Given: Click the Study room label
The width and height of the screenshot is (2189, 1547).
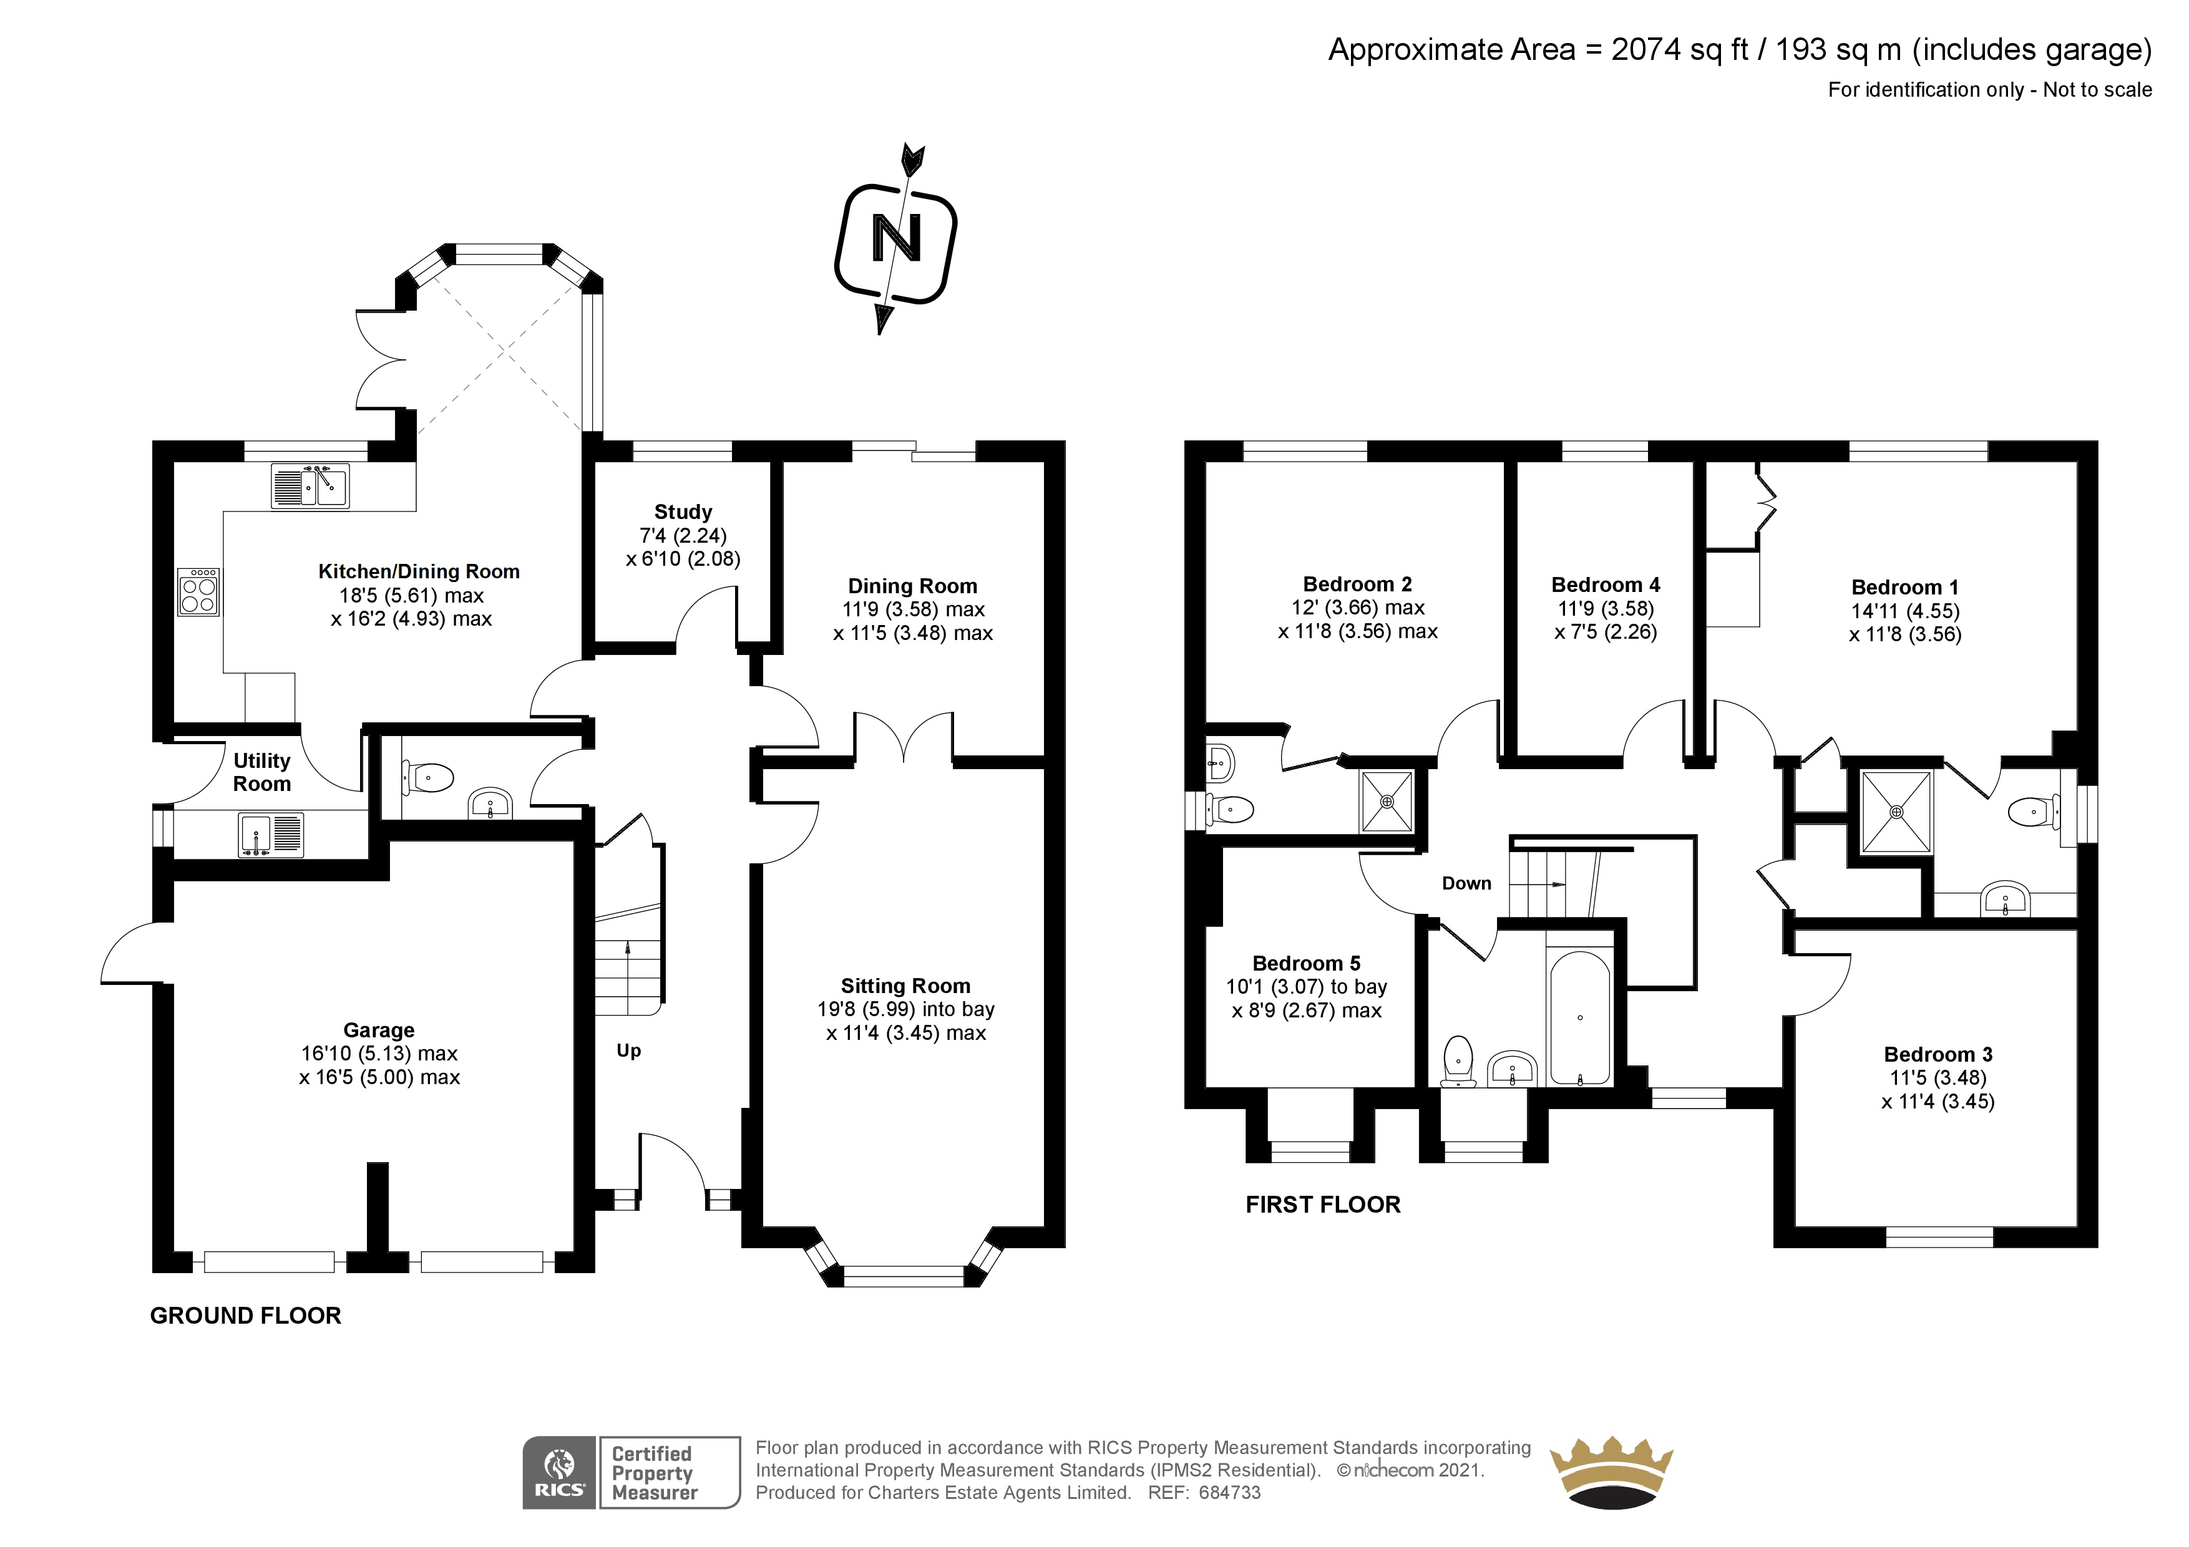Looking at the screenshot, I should pos(683,512).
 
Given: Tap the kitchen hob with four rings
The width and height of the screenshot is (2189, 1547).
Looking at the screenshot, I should pos(198,592).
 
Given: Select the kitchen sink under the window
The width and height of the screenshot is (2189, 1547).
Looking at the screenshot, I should pos(310,486).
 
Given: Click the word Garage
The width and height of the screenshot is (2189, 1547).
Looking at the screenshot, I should pos(379,1031).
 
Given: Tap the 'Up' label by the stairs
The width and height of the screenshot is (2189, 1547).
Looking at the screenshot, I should pos(628,1050).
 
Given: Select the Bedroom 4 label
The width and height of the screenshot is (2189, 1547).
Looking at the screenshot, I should pos(1606,585).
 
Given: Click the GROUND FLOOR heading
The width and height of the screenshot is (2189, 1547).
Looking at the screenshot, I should pos(245,1316).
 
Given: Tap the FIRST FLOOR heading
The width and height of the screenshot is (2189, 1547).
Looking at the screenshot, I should pos(1322,1204).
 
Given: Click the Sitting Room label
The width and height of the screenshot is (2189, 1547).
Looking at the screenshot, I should pos(905,986).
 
